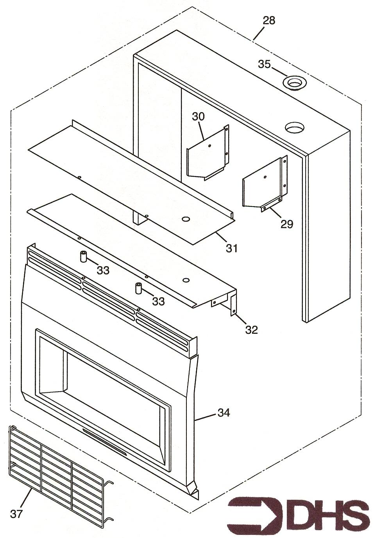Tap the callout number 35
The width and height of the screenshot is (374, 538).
(265, 64)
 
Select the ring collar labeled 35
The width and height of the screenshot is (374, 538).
(295, 83)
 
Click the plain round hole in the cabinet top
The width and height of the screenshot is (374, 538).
(294, 128)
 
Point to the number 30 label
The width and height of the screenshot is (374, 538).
(198, 116)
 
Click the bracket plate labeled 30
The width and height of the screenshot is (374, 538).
(208, 153)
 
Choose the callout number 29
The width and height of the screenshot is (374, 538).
(287, 224)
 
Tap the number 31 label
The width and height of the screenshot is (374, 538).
(232, 248)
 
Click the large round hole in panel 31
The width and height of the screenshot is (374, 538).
(185, 219)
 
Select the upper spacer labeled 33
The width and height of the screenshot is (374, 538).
(83, 257)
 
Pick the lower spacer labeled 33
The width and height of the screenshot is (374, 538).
(138, 288)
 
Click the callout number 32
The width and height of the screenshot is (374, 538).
(251, 330)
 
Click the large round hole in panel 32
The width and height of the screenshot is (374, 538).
(186, 280)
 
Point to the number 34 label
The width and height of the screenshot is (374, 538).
(224, 413)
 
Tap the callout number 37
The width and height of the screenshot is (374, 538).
(16, 514)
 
